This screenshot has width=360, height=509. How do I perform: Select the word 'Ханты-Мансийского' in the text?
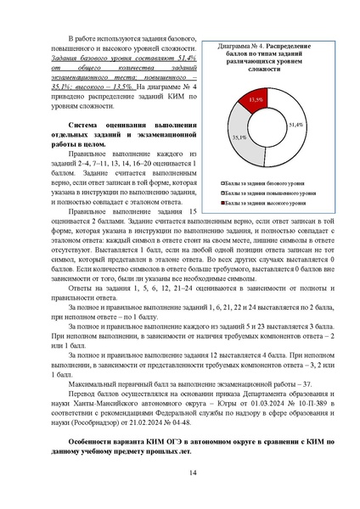(100, 374)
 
